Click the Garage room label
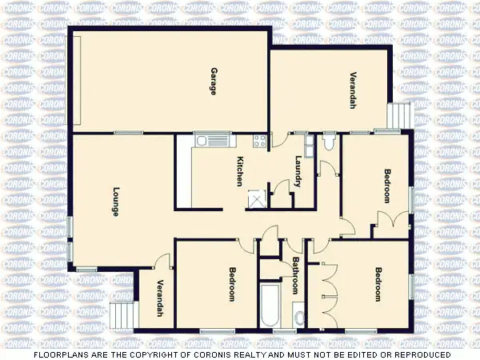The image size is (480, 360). (x=214, y=81)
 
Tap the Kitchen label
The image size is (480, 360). (x=239, y=172)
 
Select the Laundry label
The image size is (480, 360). (x=298, y=171)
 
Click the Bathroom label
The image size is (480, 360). (x=294, y=274)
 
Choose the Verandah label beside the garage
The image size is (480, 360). (x=352, y=90)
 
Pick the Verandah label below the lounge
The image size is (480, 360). (x=160, y=298)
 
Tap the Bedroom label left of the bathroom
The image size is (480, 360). (x=232, y=284)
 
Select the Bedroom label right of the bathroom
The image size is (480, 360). (x=377, y=284)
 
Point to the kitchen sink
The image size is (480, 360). (x=202, y=142)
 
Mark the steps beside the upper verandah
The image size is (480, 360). (x=394, y=117)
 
